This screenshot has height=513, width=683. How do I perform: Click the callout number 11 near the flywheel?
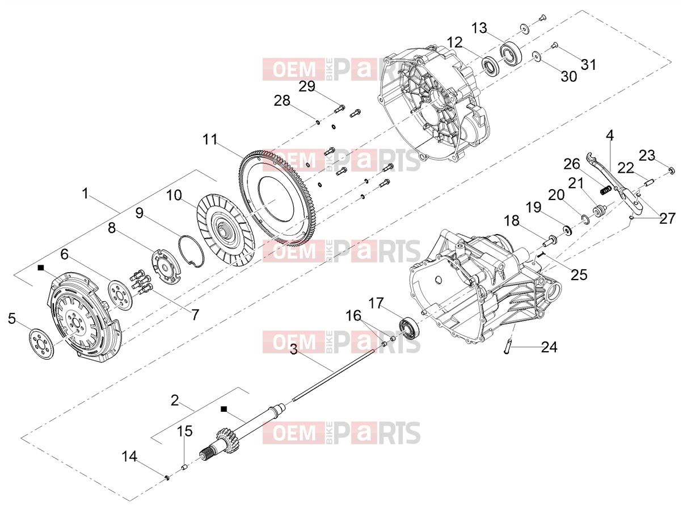click(x=210, y=139)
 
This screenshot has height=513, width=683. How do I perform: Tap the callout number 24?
click(x=549, y=347)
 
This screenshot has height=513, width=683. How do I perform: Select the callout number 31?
click(x=589, y=64)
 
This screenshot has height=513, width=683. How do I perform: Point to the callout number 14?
click(x=129, y=457)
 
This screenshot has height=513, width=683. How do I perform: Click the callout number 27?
click(x=667, y=218)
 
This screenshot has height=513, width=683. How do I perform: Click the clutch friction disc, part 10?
click(x=226, y=230)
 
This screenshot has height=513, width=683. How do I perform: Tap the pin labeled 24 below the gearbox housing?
click(x=507, y=346)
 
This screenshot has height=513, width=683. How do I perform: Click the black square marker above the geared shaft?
click(x=224, y=409)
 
